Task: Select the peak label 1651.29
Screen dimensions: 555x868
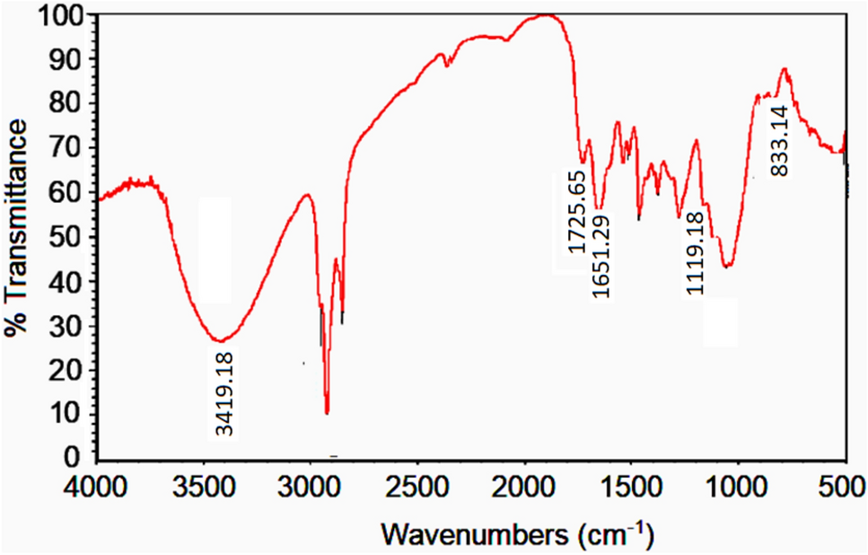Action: point(600,256)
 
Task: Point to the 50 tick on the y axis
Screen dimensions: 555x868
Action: point(73,237)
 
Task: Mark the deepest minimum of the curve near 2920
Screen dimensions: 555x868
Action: point(327,413)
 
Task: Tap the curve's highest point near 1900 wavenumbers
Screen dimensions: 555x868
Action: point(545,15)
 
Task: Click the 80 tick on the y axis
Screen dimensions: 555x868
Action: point(73,104)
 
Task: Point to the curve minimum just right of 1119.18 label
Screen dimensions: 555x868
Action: point(727,267)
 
